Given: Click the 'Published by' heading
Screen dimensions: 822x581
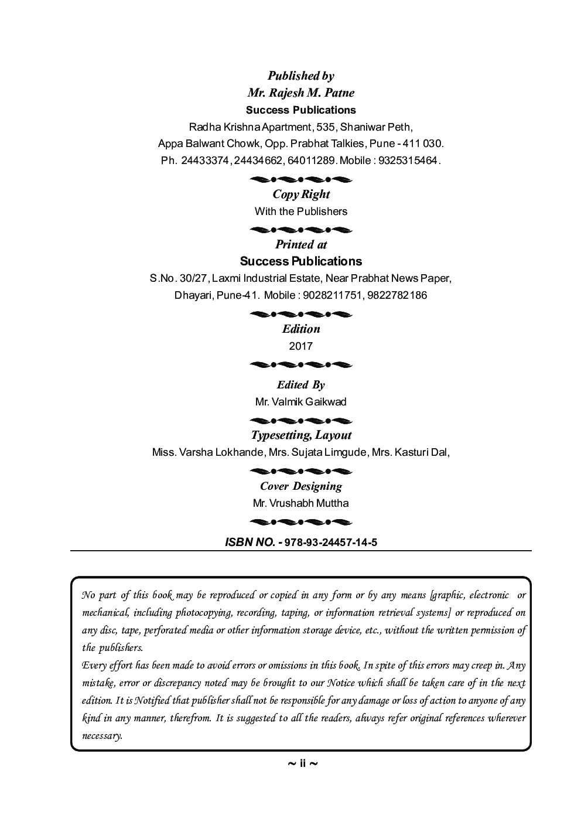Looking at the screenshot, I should pos(300,76).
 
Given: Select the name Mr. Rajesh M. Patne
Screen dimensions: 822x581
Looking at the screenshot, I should pos(300,93).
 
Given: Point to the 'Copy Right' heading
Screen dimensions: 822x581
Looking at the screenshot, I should pos(300,195).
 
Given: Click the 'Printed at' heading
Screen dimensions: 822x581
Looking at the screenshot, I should pos(300,245).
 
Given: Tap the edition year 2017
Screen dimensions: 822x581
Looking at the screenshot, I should pos(300,346).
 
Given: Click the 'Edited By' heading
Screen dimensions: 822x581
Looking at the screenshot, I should pos(300,385).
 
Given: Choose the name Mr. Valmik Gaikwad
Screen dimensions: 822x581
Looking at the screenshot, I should pos(300,402).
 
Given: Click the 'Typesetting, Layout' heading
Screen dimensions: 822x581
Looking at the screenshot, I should pos(300,435).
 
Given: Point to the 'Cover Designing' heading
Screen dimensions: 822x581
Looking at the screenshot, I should pos(300,486).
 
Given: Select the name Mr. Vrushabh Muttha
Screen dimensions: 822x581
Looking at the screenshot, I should pos(300,503).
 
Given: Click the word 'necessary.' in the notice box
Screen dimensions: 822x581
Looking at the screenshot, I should pos(102,736).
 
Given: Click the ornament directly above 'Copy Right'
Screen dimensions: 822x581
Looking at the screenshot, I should pos(300,179).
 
